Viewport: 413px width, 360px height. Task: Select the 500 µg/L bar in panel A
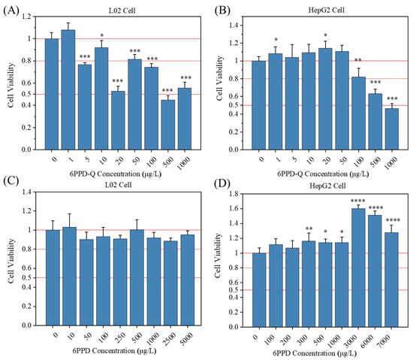tap(167, 124)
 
